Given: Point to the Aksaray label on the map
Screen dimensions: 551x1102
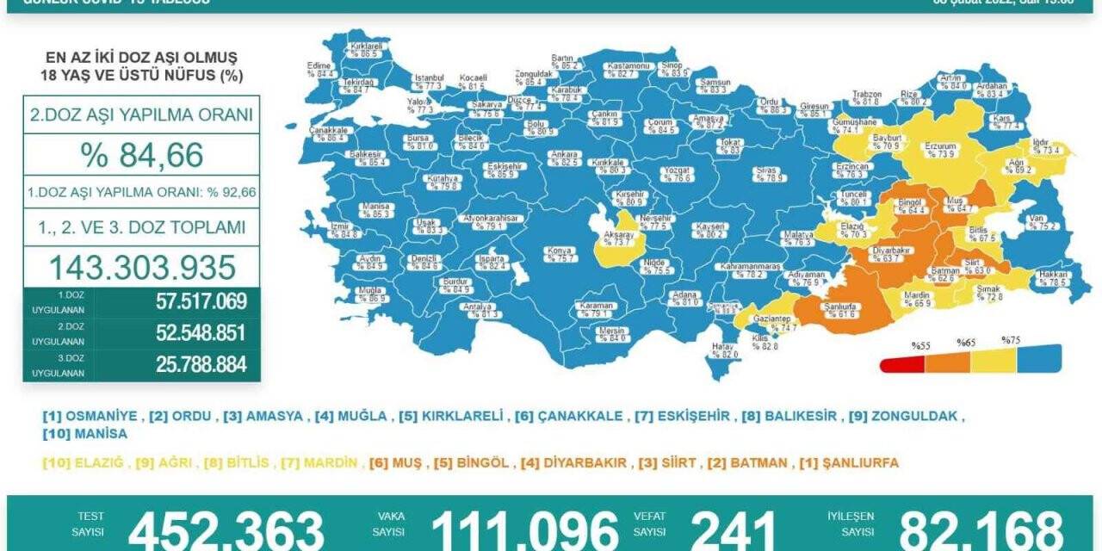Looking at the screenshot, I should point(620,238).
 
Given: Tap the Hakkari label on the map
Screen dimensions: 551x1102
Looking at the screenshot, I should point(1052,278).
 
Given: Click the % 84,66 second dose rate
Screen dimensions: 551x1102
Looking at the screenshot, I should point(141,155).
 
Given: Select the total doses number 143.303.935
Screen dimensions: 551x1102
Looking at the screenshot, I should point(141,267).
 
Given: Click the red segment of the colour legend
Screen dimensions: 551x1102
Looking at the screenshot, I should point(902,364).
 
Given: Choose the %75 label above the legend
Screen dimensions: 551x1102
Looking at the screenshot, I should point(1011,340).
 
